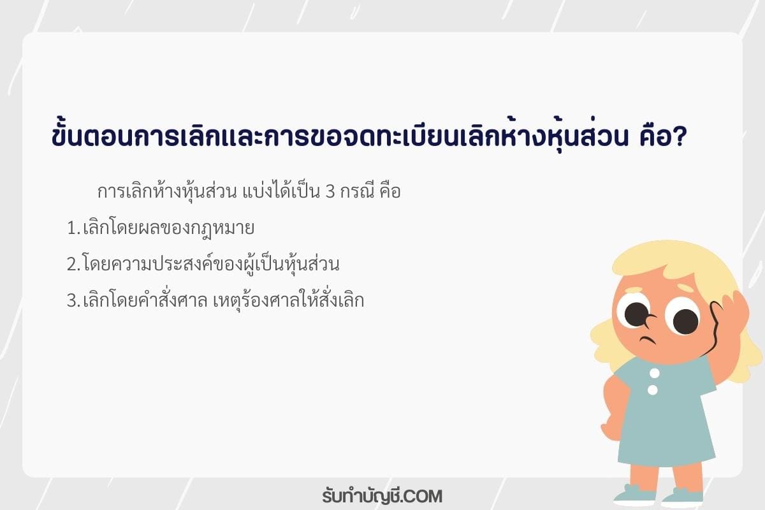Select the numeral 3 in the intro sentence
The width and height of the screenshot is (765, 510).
point(330,192)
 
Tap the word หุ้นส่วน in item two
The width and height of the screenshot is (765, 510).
point(312,264)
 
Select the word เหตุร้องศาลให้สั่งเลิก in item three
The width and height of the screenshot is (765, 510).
point(289,300)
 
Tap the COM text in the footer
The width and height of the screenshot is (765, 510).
point(424,497)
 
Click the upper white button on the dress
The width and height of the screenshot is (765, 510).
point(654,373)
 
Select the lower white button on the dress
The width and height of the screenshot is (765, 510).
point(653,390)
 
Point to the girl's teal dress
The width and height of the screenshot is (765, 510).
point(666,420)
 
